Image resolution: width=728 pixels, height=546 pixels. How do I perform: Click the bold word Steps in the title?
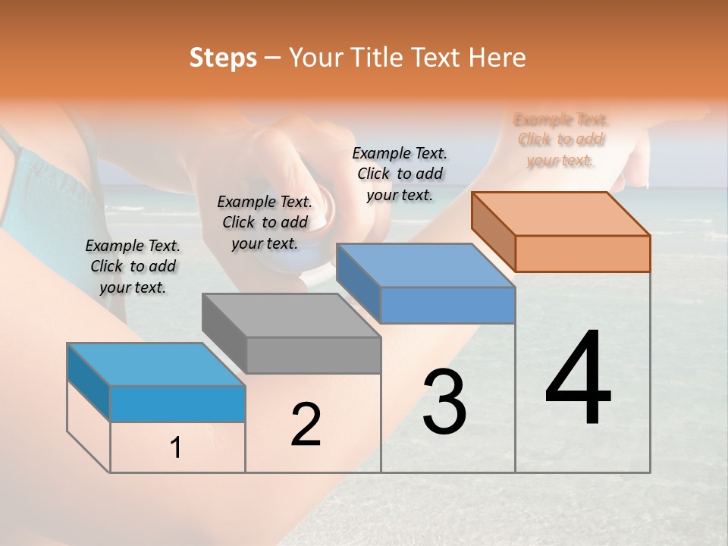click(x=223, y=58)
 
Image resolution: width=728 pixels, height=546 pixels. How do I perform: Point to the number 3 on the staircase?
click(x=444, y=402)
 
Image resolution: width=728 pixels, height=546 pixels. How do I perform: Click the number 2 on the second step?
click(x=306, y=425)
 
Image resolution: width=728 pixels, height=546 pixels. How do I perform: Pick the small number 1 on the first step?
click(x=176, y=448)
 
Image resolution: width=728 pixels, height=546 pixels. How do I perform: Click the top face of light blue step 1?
click(x=156, y=365)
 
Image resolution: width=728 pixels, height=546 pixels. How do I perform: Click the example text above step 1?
click(x=133, y=266)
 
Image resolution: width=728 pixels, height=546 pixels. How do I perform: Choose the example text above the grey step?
click(x=265, y=222)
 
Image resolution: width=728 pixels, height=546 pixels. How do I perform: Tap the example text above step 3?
click(x=400, y=174)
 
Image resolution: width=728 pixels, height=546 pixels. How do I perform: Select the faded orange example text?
click(x=560, y=140)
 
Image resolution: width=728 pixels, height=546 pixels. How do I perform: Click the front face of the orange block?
click(x=582, y=253)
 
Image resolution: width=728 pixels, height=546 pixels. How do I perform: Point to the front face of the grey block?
click(x=314, y=355)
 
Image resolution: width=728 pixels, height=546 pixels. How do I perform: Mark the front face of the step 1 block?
click(x=177, y=403)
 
